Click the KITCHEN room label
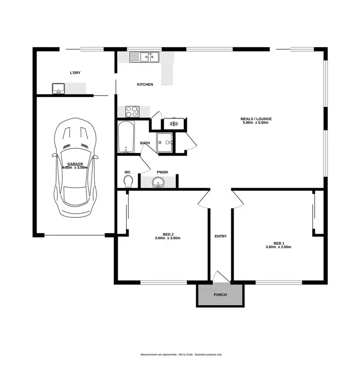coord(145,84)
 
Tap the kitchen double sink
coord(144,58)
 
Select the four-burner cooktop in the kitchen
coord(132,112)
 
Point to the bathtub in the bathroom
coord(126,137)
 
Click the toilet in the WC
coord(128,181)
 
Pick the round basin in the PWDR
coord(158,182)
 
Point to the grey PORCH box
coord(220,295)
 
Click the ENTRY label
coord(221,236)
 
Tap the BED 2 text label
coord(168,234)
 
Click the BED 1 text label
coord(278,243)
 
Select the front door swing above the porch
coord(220,276)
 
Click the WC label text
coord(127,171)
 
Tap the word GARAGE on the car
coord(75,164)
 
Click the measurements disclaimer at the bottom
coord(181,355)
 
